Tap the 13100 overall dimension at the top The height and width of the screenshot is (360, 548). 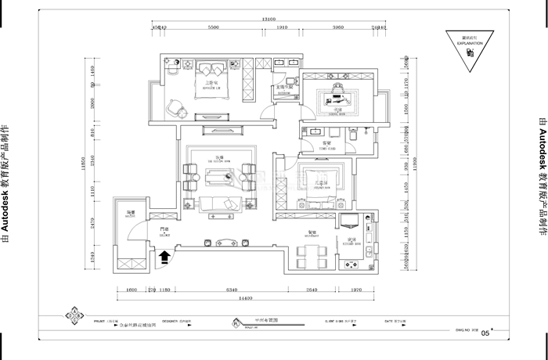pos(269,20)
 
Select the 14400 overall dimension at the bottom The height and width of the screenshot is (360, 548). pos(250,298)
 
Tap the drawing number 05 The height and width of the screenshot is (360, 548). pos(485,333)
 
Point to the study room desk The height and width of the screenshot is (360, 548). pos(337,98)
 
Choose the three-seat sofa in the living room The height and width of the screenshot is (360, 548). pos(222,204)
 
